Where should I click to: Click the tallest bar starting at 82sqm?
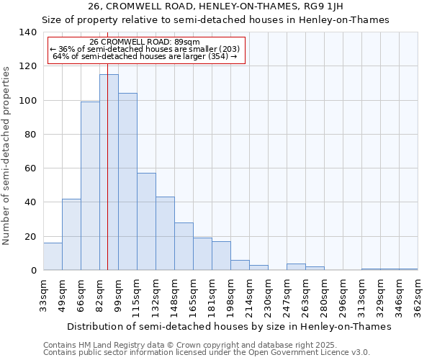[109, 172]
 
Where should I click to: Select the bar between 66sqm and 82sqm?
[90, 186]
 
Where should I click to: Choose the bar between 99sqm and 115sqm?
[127, 181]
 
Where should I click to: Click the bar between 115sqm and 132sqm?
[146, 221]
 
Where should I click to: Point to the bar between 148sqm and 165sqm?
[184, 246]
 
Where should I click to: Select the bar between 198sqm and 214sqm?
[240, 265]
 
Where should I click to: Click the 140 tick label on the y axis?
[27, 32]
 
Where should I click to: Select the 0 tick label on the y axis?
[33, 271]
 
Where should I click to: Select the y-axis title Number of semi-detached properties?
[7, 155]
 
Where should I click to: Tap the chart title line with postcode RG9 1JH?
[216, 6]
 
